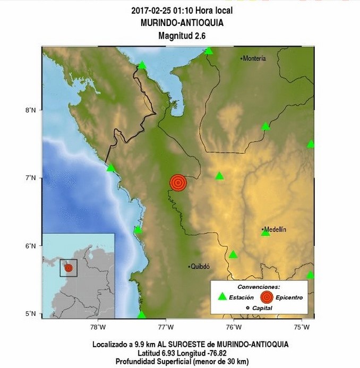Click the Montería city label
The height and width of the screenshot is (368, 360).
point(255,58)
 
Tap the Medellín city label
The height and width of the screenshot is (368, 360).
point(276,229)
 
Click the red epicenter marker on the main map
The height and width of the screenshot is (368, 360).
point(178,183)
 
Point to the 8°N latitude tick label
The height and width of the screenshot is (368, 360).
point(29,110)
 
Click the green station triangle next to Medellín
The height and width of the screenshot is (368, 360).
point(265,233)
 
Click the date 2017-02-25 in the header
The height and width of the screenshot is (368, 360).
point(150,10)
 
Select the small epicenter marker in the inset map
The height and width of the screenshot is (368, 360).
point(68,268)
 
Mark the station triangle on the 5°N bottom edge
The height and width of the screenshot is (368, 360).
point(141,315)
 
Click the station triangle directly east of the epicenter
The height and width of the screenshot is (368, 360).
point(220,176)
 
